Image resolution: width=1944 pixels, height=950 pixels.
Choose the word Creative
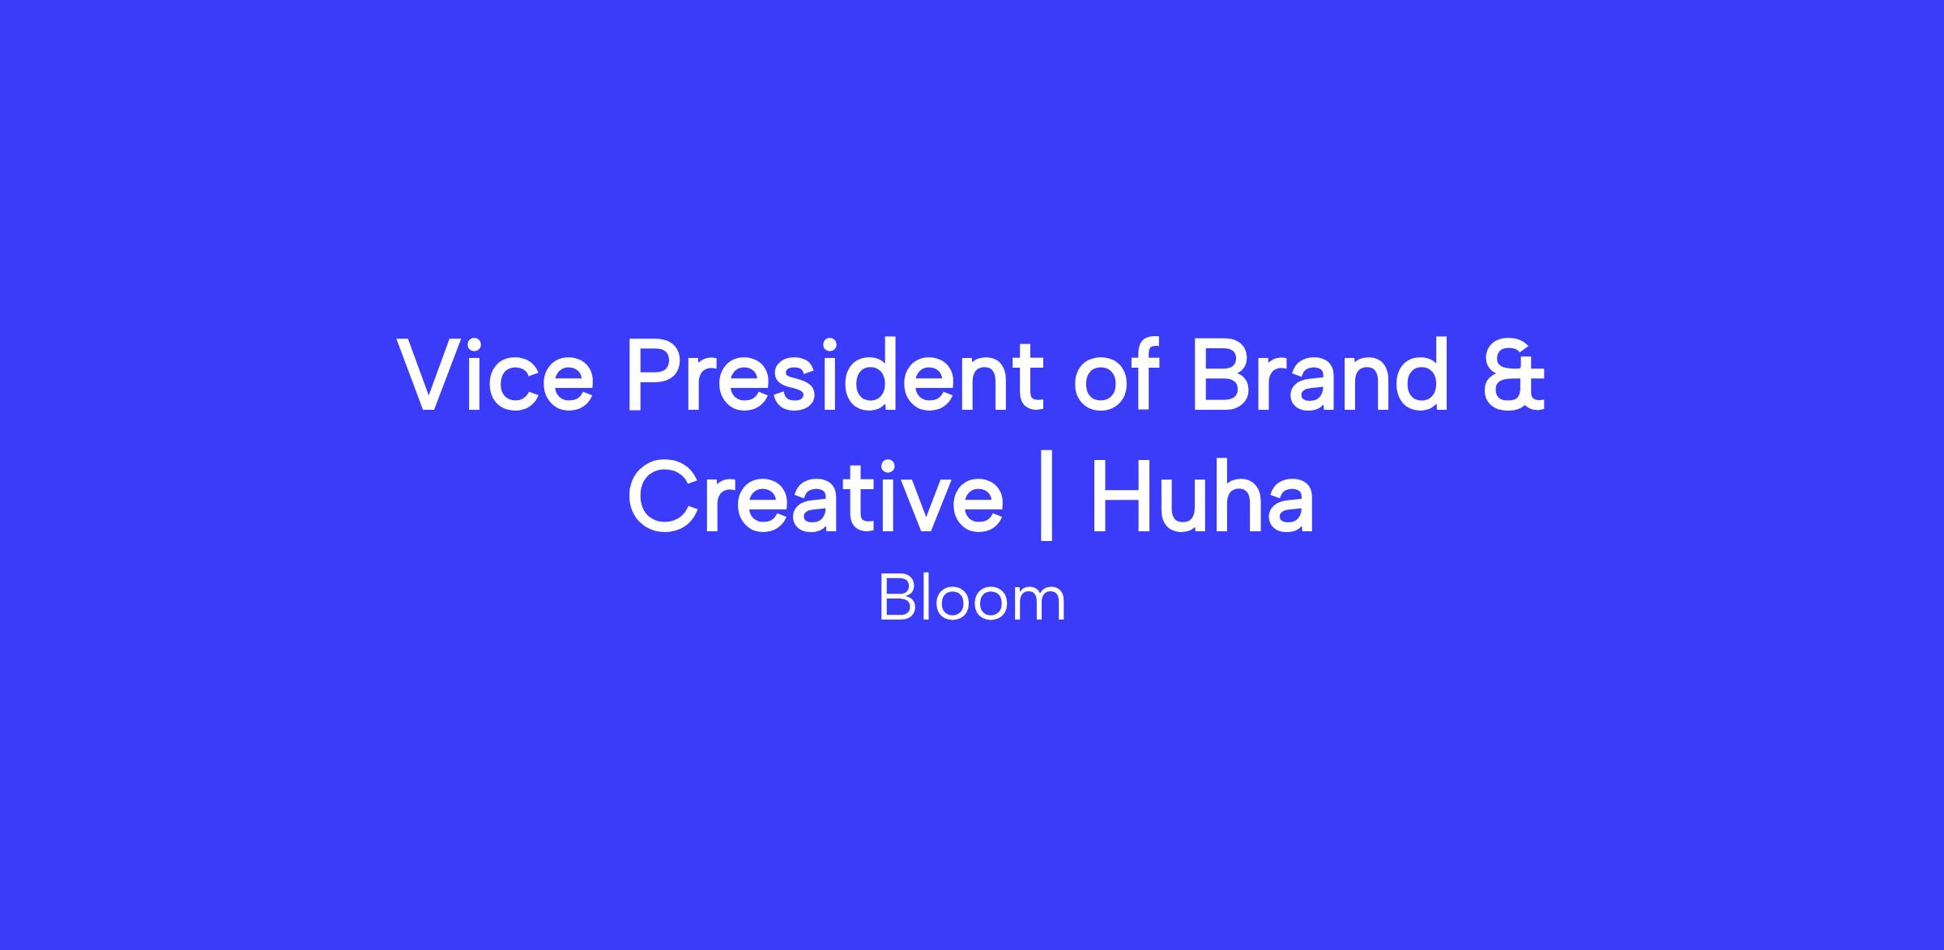pyautogui.click(x=815, y=496)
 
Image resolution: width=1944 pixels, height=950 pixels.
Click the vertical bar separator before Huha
pyautogui.click(x=1047, y=496)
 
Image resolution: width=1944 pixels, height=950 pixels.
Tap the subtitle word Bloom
pyautogui.click(x=972, y=599)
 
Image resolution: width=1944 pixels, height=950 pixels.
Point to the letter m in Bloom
pyautogui.click(x=1042, y=606)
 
